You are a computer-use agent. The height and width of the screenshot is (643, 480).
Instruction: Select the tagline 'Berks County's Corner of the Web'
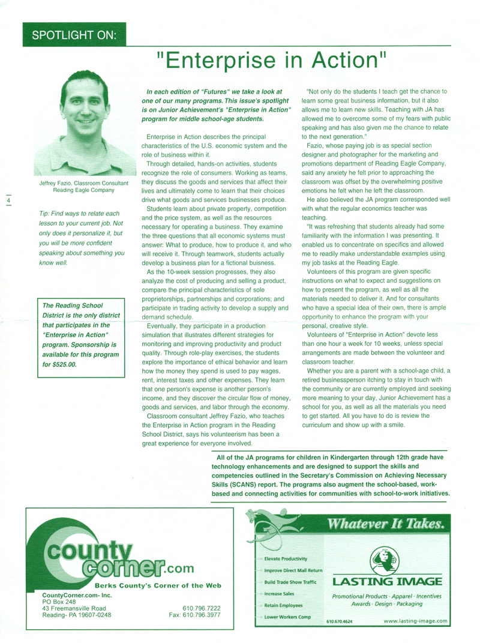pos(157,585)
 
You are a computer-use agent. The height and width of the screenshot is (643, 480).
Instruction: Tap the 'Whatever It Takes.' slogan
pos(385,524)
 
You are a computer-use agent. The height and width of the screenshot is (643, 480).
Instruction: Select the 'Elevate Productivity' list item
pos(286,558)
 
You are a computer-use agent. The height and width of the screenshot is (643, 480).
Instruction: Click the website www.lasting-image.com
pos(416,622)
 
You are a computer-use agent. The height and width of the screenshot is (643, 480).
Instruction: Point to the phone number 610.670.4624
pos(340,623)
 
